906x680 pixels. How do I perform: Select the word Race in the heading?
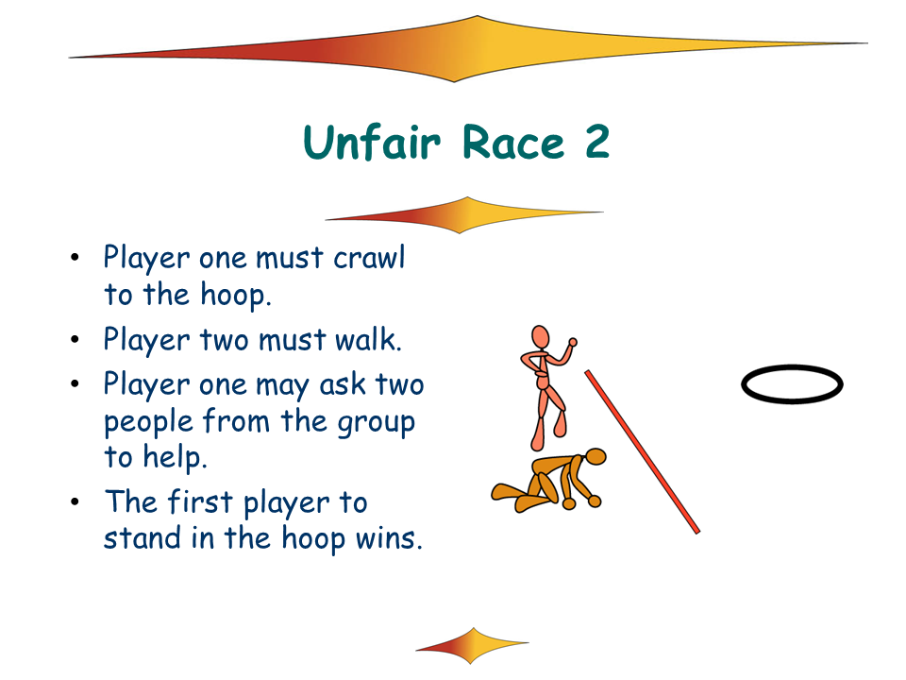(x=513, y=142)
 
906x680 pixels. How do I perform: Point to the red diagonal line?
(x=642, y=451)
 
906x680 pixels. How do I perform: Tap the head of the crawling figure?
(x=596, y=457)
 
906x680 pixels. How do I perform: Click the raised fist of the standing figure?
(x=573, y=342)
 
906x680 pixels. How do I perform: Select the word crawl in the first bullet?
(x=369, y=257)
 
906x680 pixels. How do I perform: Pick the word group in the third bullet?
(x=377, y=423)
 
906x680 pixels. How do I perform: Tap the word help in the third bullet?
(x=175, y=457)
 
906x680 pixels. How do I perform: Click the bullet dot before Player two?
(x=75, y=339)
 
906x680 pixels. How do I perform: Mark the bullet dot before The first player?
(x=75, y=501)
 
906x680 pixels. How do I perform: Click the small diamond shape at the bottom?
(x=472, y=645)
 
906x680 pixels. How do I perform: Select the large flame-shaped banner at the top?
(x=468, y=49)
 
